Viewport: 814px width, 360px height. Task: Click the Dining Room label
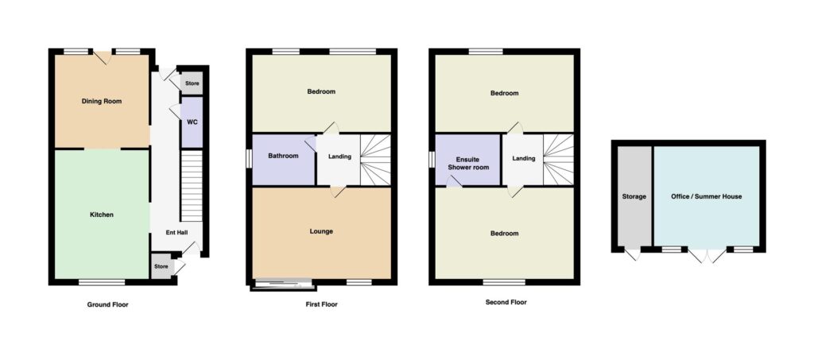click(x=102, y=101)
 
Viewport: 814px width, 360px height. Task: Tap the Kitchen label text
click(x=102, y=215)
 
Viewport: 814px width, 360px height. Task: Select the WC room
click(x=192, y=122)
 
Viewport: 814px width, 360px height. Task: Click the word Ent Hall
click(x=176, y=233)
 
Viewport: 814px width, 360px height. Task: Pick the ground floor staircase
click(x=192, y=186)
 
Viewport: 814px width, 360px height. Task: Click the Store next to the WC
click(x=192, y=83)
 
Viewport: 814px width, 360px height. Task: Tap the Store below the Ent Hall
click(x=161, y=267)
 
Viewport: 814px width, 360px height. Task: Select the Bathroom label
click(x=284, y=156)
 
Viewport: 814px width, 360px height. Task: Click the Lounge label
click(x=321, y=231)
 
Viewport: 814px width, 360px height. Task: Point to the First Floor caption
click(x=321, y=304)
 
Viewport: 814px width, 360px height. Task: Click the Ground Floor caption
click(x=107, y=304)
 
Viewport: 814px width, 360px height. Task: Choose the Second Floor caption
click(x=506, y=302)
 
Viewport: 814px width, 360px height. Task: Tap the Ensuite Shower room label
click(x=469, y=164)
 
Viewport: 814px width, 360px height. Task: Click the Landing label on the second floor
click(x=523, y=158)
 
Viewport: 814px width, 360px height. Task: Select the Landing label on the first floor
click(x=340, y=157)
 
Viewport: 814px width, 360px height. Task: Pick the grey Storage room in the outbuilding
click(x=634, y=196)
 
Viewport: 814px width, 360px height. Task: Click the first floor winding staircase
click(x=375, y=159)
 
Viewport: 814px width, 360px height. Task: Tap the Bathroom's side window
click(x=249, y=159)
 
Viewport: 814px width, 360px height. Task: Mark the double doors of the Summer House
click(x=707, y=254)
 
